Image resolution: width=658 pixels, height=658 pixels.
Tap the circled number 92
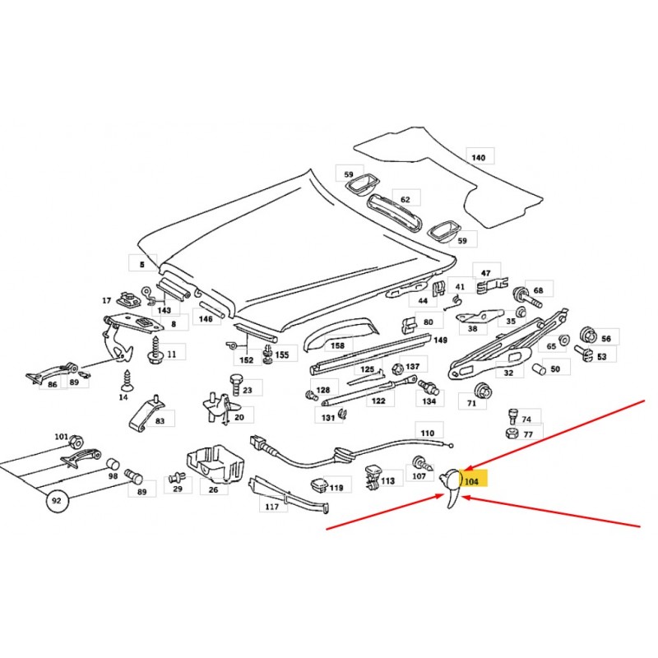point(57,501)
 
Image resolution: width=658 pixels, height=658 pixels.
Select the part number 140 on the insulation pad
point(479,158)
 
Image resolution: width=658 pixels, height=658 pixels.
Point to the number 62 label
point(405,199)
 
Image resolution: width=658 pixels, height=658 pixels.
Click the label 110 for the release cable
point(427,433)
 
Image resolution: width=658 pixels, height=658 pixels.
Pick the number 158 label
point(337,345)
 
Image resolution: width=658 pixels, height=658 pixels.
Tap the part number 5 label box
point(142,264)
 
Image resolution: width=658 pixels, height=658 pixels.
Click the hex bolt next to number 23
point(235,384)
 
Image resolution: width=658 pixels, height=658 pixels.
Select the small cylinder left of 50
point(539,369)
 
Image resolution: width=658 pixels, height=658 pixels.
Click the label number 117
point(272,507)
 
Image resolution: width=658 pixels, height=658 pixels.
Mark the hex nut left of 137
point(396,368)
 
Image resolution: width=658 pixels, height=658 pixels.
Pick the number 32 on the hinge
point(508,373)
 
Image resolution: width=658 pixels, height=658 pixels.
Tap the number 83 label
point(160,420)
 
